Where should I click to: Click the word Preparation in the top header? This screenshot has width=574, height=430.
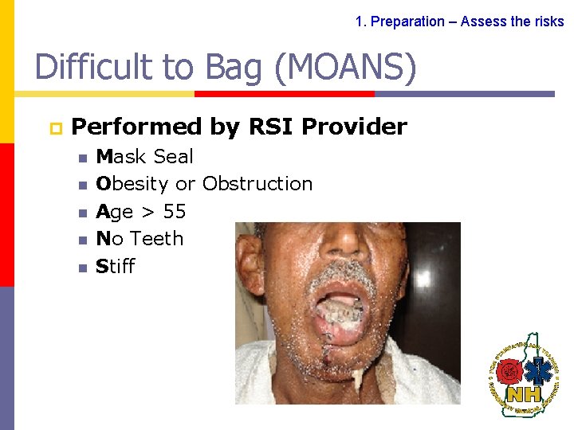407,21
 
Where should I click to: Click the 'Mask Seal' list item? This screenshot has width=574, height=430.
144,156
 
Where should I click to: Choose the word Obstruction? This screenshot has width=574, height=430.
257,184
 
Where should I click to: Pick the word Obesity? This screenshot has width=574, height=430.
132,184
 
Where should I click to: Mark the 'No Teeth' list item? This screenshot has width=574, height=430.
140,239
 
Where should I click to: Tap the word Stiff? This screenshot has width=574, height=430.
116,267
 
